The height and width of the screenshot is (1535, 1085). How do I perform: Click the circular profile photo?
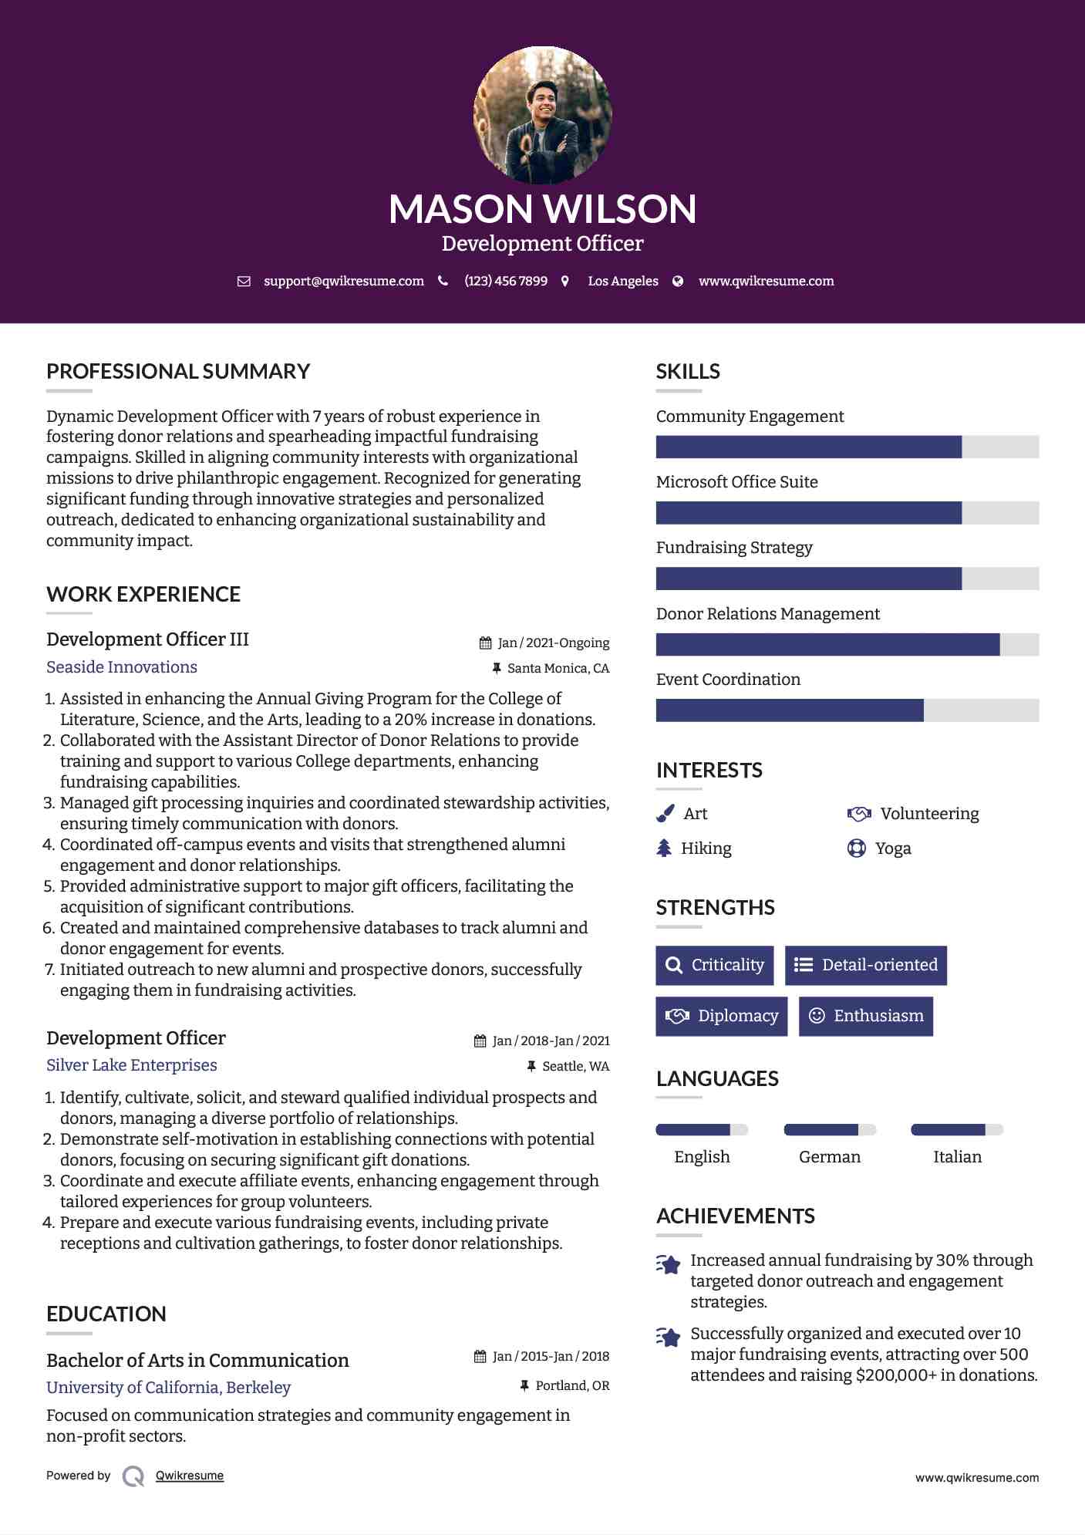tap(542, 115)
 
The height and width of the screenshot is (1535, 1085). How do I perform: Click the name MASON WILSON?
tap(542, 209)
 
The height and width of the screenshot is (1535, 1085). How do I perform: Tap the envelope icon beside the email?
tap(244, 282)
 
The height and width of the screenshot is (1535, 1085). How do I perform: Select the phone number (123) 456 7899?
tap(506, 282)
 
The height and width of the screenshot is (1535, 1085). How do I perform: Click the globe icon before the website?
tap(678, 282)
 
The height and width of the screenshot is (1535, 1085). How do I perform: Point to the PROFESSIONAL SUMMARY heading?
tap(178, 372)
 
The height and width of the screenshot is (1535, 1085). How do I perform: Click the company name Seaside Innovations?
tap(122, 667)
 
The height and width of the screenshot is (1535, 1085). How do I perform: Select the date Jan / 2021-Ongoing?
tap(553, 643)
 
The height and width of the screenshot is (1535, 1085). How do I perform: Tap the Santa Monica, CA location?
tap(558, 669)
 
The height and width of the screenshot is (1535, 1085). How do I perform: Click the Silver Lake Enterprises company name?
tap(132, 1065)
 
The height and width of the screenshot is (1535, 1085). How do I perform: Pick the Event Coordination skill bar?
tap(847, 710)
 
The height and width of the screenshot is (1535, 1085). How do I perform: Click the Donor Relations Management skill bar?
tap(847, 645)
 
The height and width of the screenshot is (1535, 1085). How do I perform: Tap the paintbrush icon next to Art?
tap(665, 814)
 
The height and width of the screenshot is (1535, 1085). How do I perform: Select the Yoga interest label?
tap(893, 848)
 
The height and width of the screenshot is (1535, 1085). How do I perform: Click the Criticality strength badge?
tap(715, 965)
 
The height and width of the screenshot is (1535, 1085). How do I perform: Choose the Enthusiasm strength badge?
tap(866, 1016)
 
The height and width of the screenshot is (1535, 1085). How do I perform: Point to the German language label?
tap(830, 1157)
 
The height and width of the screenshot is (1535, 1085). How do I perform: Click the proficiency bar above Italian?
tap(957, 1130)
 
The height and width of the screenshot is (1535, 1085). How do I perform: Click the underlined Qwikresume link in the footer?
tap(190, 1476)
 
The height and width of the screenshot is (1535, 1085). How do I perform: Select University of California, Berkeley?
tap(169, 1388)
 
